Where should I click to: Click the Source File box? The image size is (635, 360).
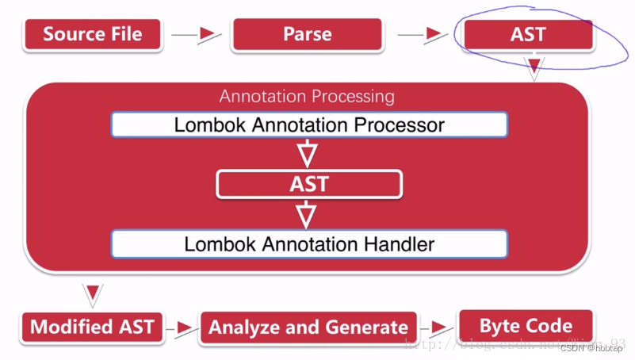point(93,34)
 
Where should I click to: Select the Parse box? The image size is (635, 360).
point(307,34)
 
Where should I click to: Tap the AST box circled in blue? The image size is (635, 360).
point(527,36)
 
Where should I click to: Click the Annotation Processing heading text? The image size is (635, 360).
point(307,97)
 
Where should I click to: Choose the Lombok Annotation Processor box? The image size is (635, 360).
point(308,124)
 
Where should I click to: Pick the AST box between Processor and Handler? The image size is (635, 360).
point(308,185)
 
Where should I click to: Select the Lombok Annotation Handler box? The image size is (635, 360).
point(308,243)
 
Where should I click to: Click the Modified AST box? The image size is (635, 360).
point(92,327)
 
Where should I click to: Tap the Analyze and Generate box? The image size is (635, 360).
point(308,327)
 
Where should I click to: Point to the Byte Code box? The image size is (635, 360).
point(526,325)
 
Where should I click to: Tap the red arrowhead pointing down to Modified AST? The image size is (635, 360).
point(93,292)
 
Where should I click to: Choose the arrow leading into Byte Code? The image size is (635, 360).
point(436,327)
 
